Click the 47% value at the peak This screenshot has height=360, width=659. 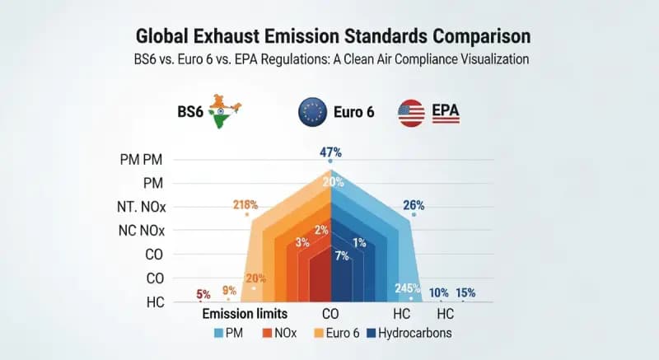click(330, 152)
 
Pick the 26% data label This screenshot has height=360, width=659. click(413, 205)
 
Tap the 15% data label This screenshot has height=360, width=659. click(466, 292)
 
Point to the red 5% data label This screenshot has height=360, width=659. click(203, 294)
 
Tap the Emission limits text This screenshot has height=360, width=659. click(243, 314)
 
